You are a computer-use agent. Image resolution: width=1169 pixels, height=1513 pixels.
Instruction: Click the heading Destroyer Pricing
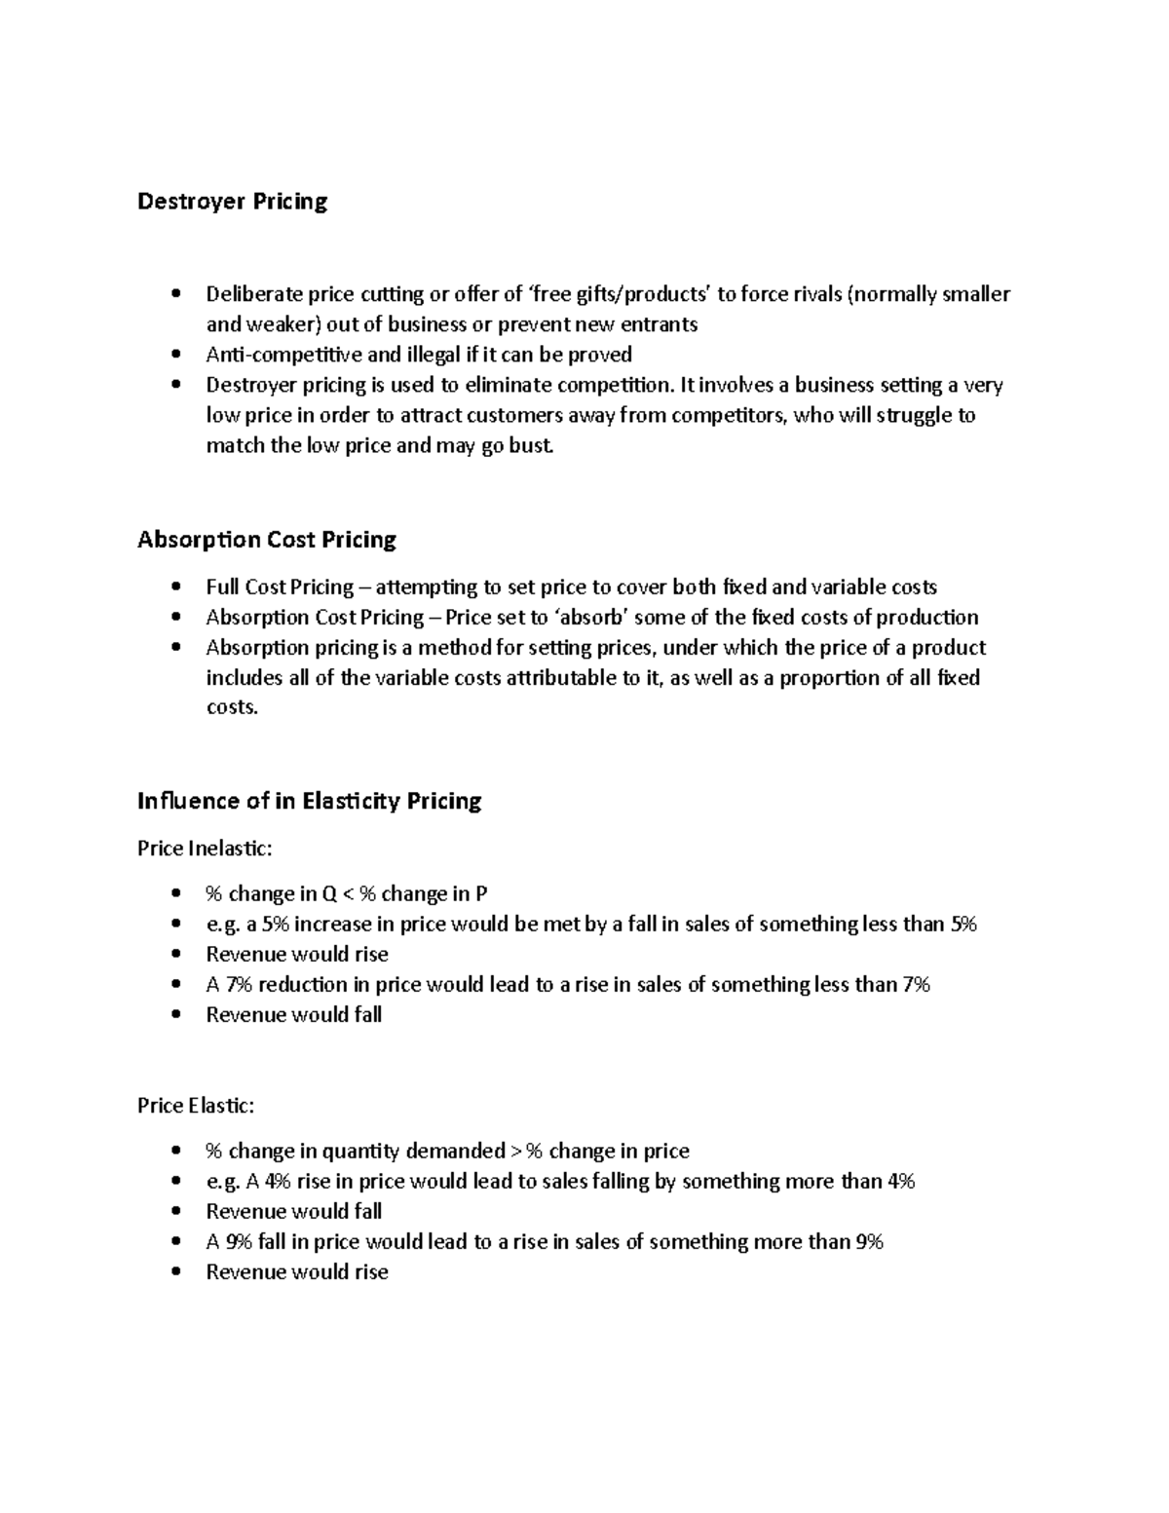(232, 202)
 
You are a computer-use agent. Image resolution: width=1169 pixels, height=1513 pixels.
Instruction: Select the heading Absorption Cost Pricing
(266, 540)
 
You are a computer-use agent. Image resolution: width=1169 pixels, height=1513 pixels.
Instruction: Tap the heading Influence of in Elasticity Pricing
(309, 801)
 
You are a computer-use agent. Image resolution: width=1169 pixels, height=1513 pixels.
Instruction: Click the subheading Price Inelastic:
(205, 849)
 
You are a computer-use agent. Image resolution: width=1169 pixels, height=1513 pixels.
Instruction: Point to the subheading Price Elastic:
(196, 1106)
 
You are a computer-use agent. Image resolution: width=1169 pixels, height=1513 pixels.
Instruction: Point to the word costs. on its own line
(232, 707)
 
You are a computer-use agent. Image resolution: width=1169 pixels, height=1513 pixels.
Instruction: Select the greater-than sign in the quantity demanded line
(514, 1152)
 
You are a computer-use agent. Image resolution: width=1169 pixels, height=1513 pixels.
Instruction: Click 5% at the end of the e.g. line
(962, 925)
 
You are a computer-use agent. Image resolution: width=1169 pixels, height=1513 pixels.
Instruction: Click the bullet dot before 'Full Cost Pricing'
(175, 586)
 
